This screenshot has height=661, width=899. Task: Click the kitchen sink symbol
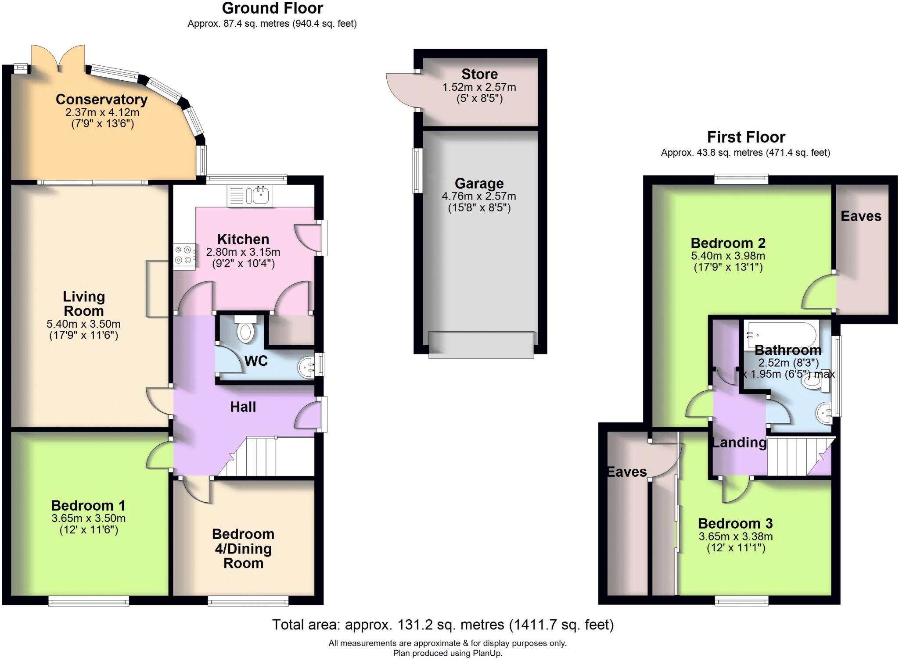click(249, 196)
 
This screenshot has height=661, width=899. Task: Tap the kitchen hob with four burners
click(184, 256)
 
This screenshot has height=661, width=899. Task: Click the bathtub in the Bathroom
click(781, 335)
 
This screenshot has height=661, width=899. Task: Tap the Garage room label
click(479, 183)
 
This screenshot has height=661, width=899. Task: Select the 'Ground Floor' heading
click(272, 8)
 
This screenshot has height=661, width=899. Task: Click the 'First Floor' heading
click(745, 137)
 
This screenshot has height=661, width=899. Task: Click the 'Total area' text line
click(442, 624)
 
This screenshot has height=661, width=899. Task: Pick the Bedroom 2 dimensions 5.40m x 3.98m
click(728, 256)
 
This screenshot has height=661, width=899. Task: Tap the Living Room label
click(84, 304)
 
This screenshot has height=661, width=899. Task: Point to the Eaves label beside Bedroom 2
click(860, 216)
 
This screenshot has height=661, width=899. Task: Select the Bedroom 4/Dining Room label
click(243, 548)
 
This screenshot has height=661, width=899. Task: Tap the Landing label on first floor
click(739, 443)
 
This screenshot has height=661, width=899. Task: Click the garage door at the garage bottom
click(481, 345)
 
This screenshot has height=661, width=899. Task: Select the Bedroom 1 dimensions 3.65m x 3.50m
click(89, 518)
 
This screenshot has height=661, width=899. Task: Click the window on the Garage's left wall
click(416, 171)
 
